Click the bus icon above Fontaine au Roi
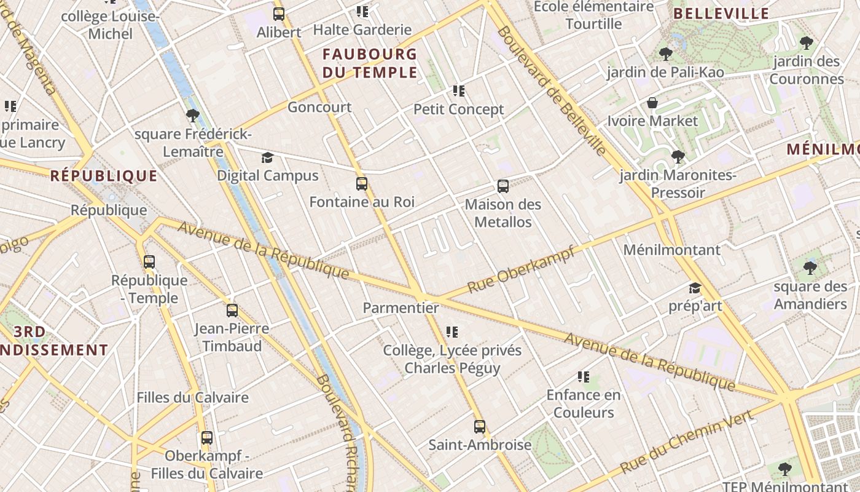click(x=362, y=183)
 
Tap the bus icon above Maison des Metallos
click(x=503, y=186)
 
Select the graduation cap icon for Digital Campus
click(x=267, y=157)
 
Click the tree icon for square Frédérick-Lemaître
click(x=192, y=116)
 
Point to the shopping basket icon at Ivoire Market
click(x=652, y=103)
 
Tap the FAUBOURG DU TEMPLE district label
click(x=370, y=63)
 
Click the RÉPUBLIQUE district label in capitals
click(x=104, y=176)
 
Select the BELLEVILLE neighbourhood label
click(x=721, y=14)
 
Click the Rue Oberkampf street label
click(x=521, y=269)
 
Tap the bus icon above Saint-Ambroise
click(x=480, y=426)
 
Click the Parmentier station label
click(x=401, y=307)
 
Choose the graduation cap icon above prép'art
click(x=695, y=288)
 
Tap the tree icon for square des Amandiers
click(x=810, y=268)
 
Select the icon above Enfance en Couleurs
click(x=584, y=376)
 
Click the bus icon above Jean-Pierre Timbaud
click(x=232, y=311)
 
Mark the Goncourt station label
click(x=319, y=107)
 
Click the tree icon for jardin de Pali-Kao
click(x=665, y=54)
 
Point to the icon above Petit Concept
click(x=458, y=91)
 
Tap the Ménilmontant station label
click(x=671, y=250)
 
